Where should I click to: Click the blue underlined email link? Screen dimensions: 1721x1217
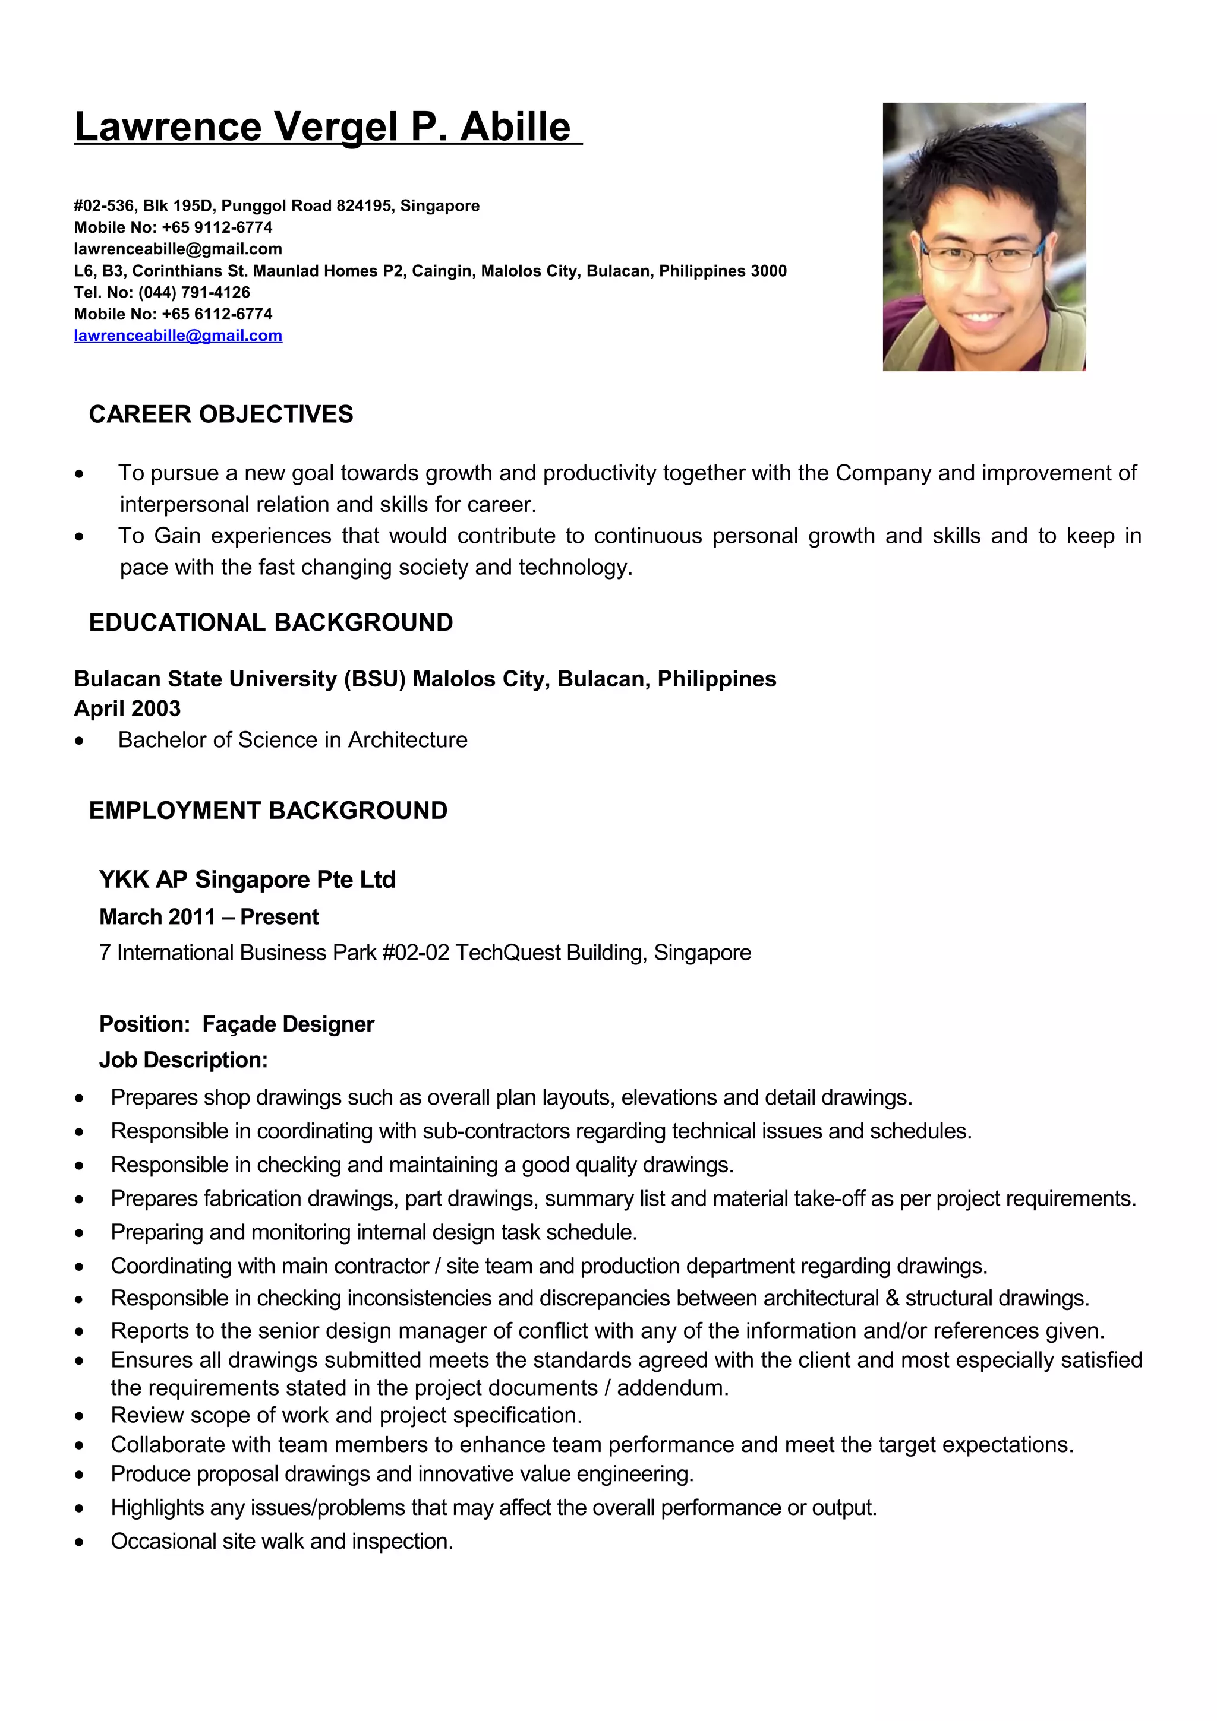pos(178,336)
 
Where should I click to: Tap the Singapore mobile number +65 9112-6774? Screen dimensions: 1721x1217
pos(217,227)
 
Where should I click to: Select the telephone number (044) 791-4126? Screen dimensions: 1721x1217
pos(194,292)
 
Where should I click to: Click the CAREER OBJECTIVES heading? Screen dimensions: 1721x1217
pos(220,415)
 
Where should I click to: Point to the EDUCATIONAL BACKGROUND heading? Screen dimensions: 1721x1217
pos(271,622)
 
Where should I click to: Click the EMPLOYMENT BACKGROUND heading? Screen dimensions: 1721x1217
pos(267,810)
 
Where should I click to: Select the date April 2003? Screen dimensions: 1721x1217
pos(128,708)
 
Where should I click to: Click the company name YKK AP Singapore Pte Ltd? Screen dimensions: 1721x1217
pos(247,880)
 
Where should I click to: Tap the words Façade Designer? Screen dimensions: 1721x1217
pos(288,1024)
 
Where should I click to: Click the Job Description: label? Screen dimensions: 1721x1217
pos(183,1060)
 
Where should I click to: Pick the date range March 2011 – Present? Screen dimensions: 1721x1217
pos(209,917)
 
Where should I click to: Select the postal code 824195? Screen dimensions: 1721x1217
pos(366,206)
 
